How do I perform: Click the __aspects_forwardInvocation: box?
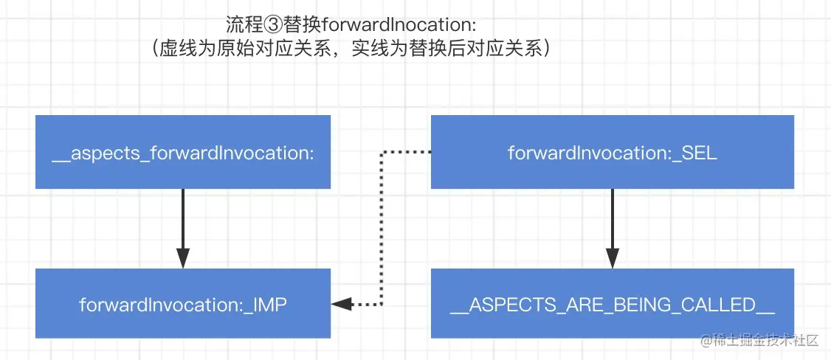183,152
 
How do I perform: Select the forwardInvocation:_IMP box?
183,303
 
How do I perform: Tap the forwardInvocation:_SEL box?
612,152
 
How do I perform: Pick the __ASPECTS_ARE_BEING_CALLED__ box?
612,303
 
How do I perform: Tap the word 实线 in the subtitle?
370,49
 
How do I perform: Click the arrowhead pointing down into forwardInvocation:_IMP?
183,259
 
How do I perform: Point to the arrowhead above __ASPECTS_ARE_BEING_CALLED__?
613,259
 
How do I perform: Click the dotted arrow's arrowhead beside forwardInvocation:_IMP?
341,304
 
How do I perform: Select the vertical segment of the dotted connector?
382,228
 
